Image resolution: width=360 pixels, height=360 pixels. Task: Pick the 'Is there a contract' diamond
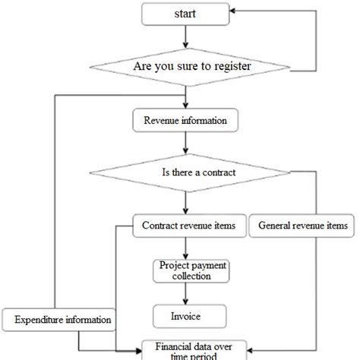coord(199,172)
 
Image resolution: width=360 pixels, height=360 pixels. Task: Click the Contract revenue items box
coord(183,226)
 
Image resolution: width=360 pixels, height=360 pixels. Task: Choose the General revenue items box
coord(302,226)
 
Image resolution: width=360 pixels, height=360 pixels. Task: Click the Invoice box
coord(182,314)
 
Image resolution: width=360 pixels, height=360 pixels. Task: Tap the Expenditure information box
coord(59,320)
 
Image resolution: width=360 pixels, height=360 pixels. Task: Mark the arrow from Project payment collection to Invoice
coord(182,293)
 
